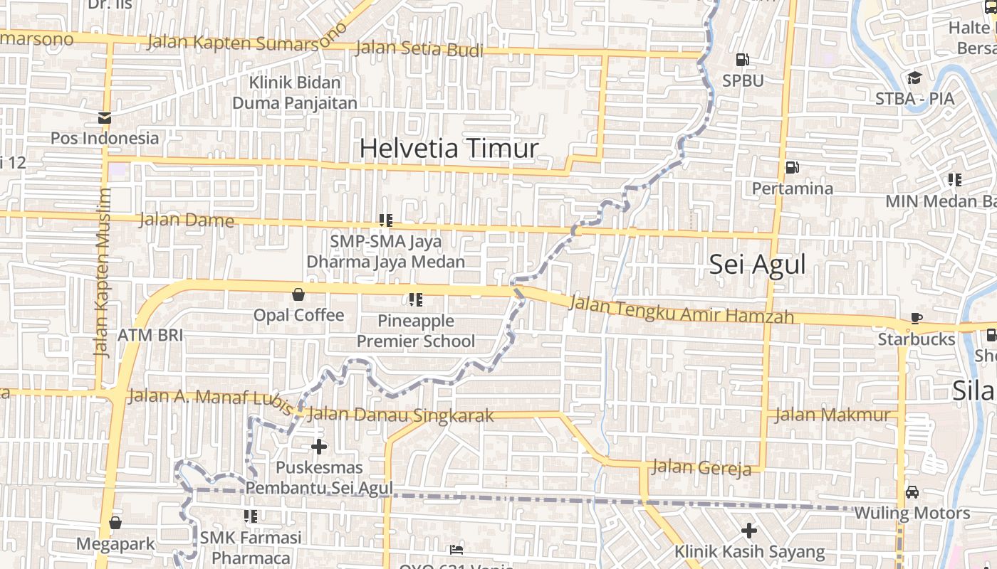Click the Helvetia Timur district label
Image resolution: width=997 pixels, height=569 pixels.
click(x=449, y=149)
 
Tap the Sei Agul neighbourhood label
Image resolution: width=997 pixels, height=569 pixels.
click(x=758, y=265)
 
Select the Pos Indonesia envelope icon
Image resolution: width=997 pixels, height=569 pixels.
click(x=105, y=118)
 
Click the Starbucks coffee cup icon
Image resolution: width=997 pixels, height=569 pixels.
click(x=917, y=318)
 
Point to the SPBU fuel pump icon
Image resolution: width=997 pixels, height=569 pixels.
click(x=742, y=60)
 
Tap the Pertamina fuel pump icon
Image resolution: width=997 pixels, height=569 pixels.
click(x=791, y=168)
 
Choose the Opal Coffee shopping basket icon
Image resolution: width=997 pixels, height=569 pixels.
click(x=298, y=294)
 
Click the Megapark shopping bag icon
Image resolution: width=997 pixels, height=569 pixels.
click(x=115, y=523)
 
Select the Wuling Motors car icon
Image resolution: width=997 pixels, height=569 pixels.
click(x=912, y=491)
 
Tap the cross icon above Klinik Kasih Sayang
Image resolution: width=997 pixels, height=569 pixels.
click(x=748, y=530)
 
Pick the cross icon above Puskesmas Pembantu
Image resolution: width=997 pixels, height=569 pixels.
click(x=319, y=447)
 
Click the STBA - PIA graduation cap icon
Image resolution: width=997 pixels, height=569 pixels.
click(x=914, y=78)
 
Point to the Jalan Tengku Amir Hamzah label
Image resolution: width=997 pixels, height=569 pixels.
click(x=682, y=310)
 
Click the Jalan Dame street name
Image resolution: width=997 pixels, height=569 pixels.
click(x=187, y=219)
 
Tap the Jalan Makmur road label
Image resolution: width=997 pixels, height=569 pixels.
click(x=832, y=415)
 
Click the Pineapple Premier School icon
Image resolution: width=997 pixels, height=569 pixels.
click(x=416, y=299)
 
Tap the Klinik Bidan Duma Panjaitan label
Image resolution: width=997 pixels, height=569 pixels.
click(x=295, y=92)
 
